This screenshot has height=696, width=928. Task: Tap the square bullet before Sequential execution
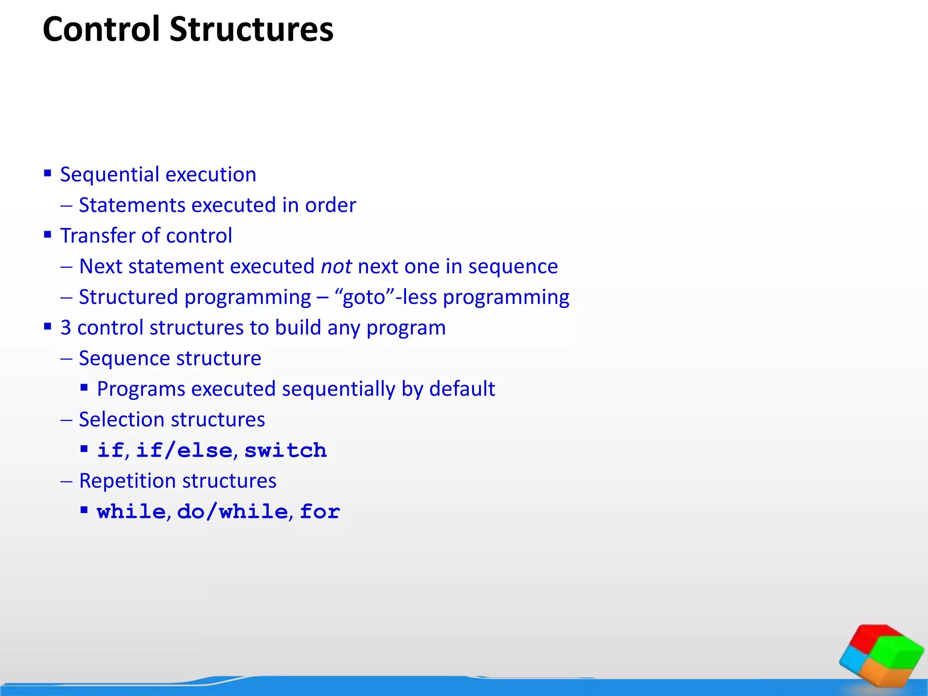(48, 173)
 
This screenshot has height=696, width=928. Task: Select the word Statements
(132, 205)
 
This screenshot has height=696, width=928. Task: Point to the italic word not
(336, 266)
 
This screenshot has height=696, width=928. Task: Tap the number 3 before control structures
(66, 328)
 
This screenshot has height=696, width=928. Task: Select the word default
(462, 389)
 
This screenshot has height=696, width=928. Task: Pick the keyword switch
(285, 450)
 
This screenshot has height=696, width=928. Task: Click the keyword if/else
(184, 450)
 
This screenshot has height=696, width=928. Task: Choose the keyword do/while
(232, 512)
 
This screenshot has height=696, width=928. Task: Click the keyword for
(319, 512)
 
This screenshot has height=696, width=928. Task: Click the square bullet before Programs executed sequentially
(84, 387)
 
